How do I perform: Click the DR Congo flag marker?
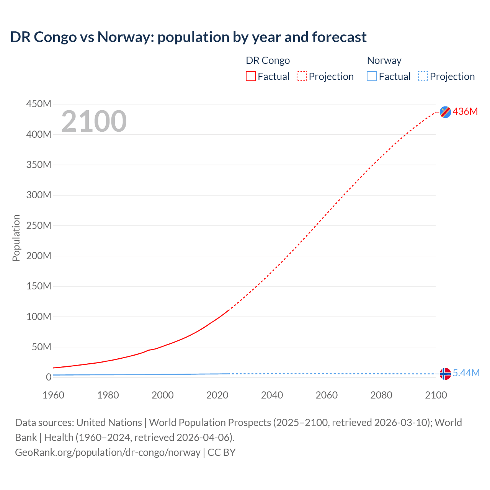tap(445, 112)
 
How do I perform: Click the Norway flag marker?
tap(445, 374)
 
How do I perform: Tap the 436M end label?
tap(465, 111)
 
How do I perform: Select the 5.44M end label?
tap(466, 373)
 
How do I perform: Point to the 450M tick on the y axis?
tap(39, 104)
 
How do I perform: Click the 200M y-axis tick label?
tap(39, 256)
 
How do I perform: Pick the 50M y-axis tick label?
tap(41, 347)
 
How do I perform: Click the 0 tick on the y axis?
tap(49, 377)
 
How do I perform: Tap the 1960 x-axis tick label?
tap(53, 395)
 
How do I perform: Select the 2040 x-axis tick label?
tap(272, 395)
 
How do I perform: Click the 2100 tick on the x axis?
tap(436, 395)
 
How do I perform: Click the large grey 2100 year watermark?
tap(94, 121)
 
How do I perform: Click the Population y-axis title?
tap(16, 238)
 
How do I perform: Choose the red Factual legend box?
tap(251, 76)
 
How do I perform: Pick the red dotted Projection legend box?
tap(302, 76)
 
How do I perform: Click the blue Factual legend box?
tap(372, 76)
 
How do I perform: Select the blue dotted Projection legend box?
tap(423, 76)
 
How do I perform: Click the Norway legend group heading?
tap(384, 60)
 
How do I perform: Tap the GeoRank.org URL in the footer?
tap(108, 452)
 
